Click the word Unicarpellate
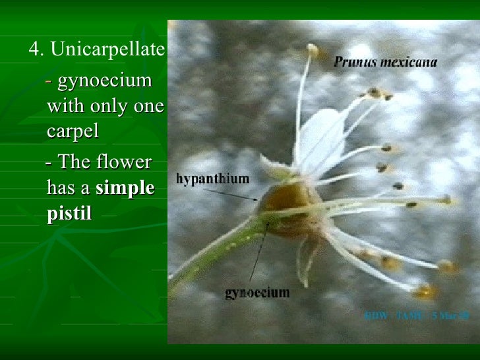107,49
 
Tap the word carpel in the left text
73,131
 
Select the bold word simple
125,188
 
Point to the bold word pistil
69,214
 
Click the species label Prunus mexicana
385,63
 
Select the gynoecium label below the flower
257,292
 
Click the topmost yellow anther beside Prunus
312,49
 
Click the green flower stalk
211,251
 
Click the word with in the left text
63,106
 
